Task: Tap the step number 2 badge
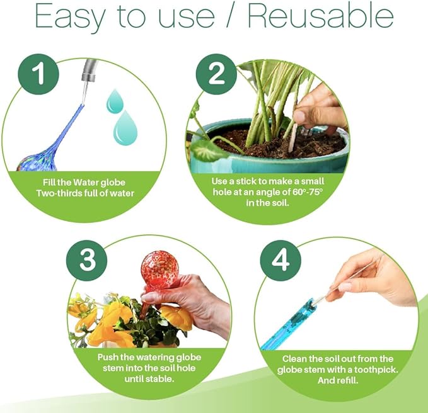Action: [x=216, y=74]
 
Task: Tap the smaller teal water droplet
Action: [x=115, y=100]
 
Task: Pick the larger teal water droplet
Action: [x=125, y=128]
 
